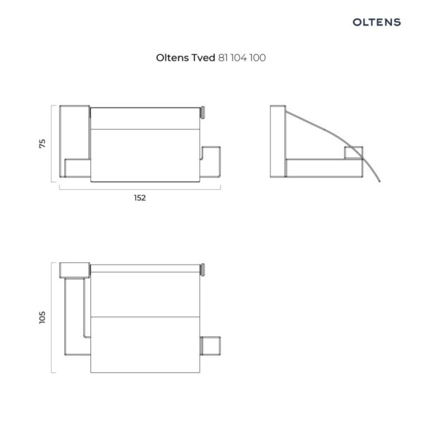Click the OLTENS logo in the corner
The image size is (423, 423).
coord(376,22)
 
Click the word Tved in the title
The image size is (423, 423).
coord(203,58)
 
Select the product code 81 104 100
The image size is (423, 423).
coord(242,58)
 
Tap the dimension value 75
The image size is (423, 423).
coord(42,144)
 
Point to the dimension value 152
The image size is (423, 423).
coord(140,198)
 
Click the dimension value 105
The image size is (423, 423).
coord(42,317)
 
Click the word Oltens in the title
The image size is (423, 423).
coord(173,58)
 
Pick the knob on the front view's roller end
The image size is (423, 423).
coord(202,113)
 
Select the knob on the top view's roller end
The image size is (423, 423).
coord(202,270)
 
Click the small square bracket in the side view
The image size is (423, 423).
coord(353,153)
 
